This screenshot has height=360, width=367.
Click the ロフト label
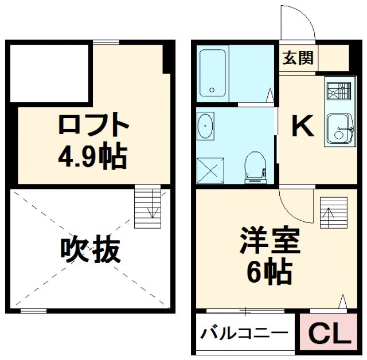tap(92, 126)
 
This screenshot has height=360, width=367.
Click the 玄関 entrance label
tap(298, 58)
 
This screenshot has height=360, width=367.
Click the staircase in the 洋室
tap(333, 213)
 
